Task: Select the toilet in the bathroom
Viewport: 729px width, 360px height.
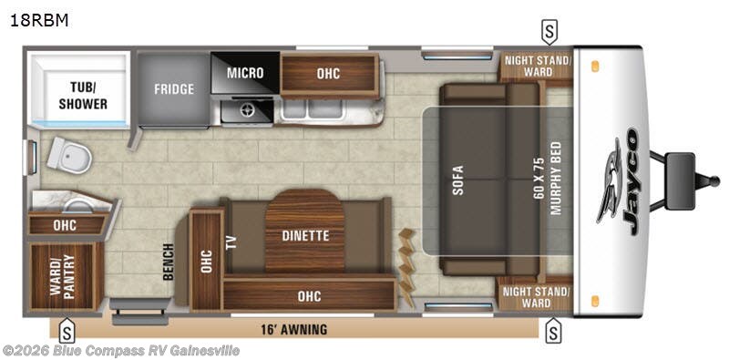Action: click(x=71, y=156)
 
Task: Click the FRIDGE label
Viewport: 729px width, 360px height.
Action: click(x=173, y=91)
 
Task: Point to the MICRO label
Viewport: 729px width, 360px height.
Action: click(x=245, y=73)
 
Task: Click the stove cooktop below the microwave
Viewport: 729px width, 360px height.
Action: click(x=244, y=110)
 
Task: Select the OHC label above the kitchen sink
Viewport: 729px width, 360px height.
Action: click(x=328, y=73)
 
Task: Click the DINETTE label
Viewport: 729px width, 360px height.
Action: click(x=305, y=235)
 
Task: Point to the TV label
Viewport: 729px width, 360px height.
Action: click(x=231, y=242)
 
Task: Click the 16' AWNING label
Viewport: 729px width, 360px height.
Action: click(x=292, y=329)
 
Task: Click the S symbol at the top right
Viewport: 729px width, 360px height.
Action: click(x=549, y=34)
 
